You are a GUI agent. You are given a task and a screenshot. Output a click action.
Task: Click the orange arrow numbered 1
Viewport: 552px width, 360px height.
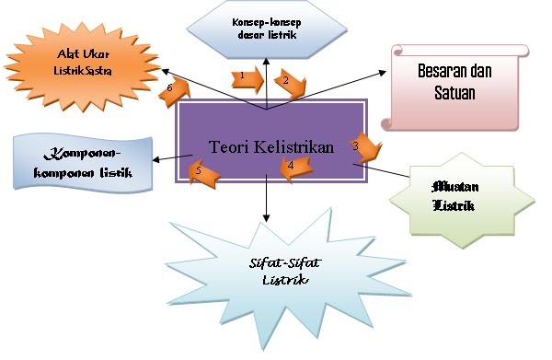click(x=245, y=78)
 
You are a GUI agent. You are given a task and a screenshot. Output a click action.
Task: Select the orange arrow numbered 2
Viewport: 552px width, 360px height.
click(x=293, y=86)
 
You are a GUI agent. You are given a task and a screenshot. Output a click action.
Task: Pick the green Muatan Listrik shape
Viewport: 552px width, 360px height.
click(x=455, y=195)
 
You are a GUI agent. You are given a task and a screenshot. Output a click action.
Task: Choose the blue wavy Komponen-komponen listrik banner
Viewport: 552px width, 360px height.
click(x=80, y=164)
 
